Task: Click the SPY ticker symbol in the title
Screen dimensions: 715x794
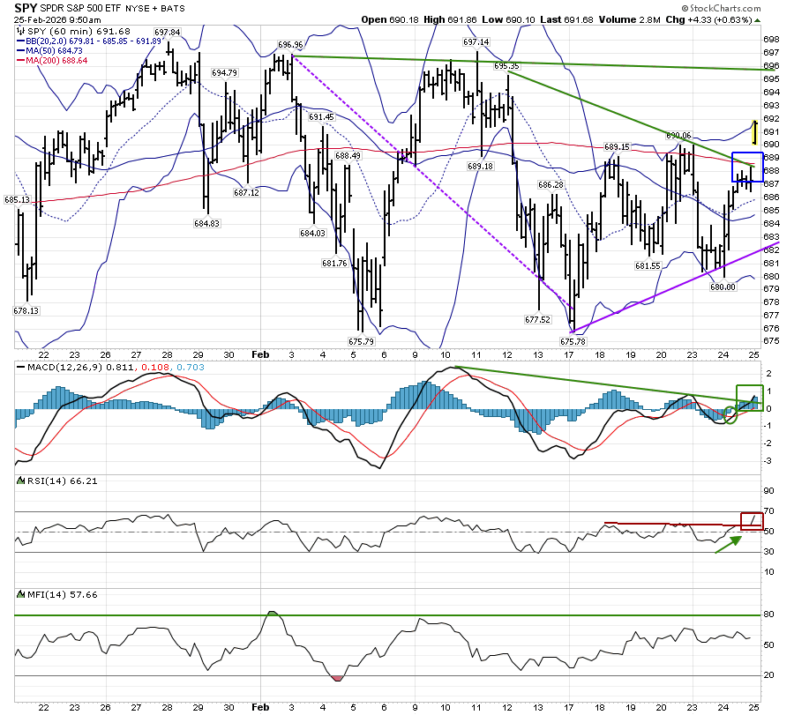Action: (26, 7)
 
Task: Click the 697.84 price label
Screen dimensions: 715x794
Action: (167, 32)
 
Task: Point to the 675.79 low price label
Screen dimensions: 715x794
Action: (362, 341)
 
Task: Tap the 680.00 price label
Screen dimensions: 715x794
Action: (723, 287)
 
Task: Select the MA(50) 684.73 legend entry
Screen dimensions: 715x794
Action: (54, 50)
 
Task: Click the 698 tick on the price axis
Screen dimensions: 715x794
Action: (770, 40)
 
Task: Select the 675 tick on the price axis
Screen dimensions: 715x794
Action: (770, 340)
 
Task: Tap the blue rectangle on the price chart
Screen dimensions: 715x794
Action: (747, 167)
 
